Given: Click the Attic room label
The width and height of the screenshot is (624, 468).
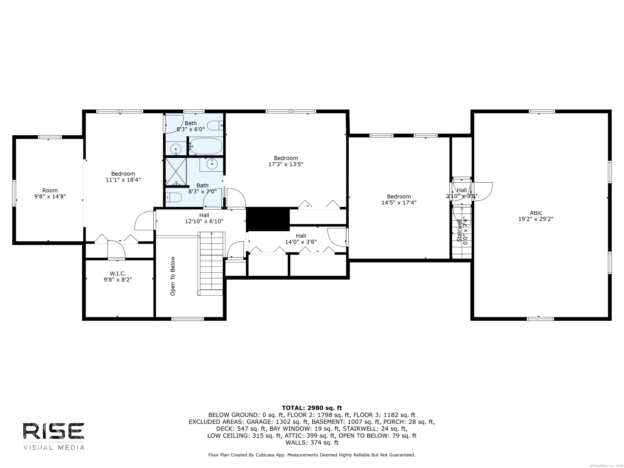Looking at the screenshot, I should (x=535, y=213).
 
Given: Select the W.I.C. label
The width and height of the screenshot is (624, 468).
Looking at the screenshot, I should (x=118, y=273).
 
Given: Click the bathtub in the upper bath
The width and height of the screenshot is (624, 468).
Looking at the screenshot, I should (x=205, y=146).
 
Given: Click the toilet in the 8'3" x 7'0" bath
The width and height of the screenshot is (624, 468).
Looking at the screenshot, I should (x=173, y=197).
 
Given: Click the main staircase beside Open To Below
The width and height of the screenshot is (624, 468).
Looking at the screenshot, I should (x=211, y=262).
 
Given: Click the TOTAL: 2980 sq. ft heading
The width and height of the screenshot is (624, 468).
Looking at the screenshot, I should (x=312, y=408).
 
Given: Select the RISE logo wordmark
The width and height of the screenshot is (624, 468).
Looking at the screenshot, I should (x=54, y=431).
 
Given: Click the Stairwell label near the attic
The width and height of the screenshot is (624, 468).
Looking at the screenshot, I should (x=459, y=231).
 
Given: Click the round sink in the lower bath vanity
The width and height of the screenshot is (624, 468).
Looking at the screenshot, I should (x=212, y=164).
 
